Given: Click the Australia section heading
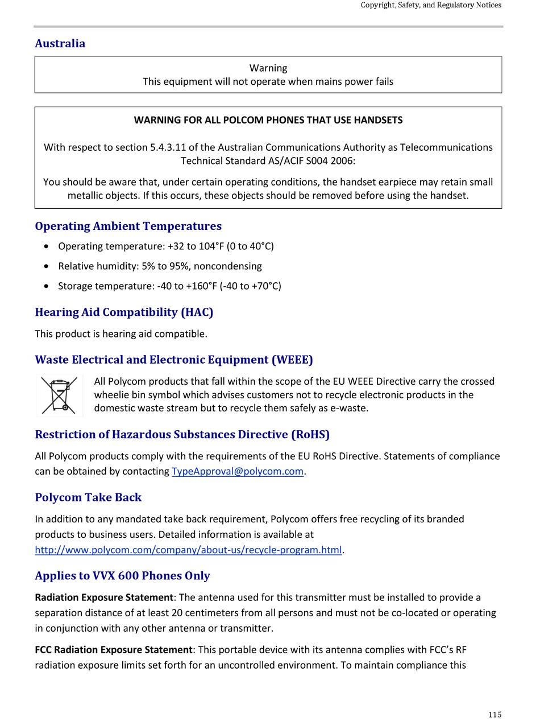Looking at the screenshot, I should click(x=60, y=44).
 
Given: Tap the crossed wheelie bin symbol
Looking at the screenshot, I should click(x=60, y=395).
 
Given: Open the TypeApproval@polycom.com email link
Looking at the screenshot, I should click(x=237, y=471).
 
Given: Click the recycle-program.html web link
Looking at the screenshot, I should click(x=188, y=550).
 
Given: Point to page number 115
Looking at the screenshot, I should click(x=495, y=715).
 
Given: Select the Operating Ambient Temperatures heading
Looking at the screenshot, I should click(x=128, y=226).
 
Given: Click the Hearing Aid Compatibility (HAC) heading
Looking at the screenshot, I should click(x=124, y=312).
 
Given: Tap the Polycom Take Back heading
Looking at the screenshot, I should click(x=88, y=497).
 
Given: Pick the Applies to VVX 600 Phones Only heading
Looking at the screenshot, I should click(x=122, y=575).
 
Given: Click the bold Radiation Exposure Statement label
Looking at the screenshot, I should click(x=104, y=598).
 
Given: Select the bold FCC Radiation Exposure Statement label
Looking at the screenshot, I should click(x=114, y=650).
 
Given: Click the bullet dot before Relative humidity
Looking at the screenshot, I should click(x=46, y=266).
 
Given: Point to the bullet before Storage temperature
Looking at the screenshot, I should click(x=46, y=286).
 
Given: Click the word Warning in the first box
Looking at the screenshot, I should click(x=268, y=68).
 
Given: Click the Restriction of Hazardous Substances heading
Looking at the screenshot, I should click(x=182, y=435).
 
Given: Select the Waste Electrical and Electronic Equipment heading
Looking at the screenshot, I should click(x=173, y=360).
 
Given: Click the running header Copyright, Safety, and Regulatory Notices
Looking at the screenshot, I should click(x=431, y=5).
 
